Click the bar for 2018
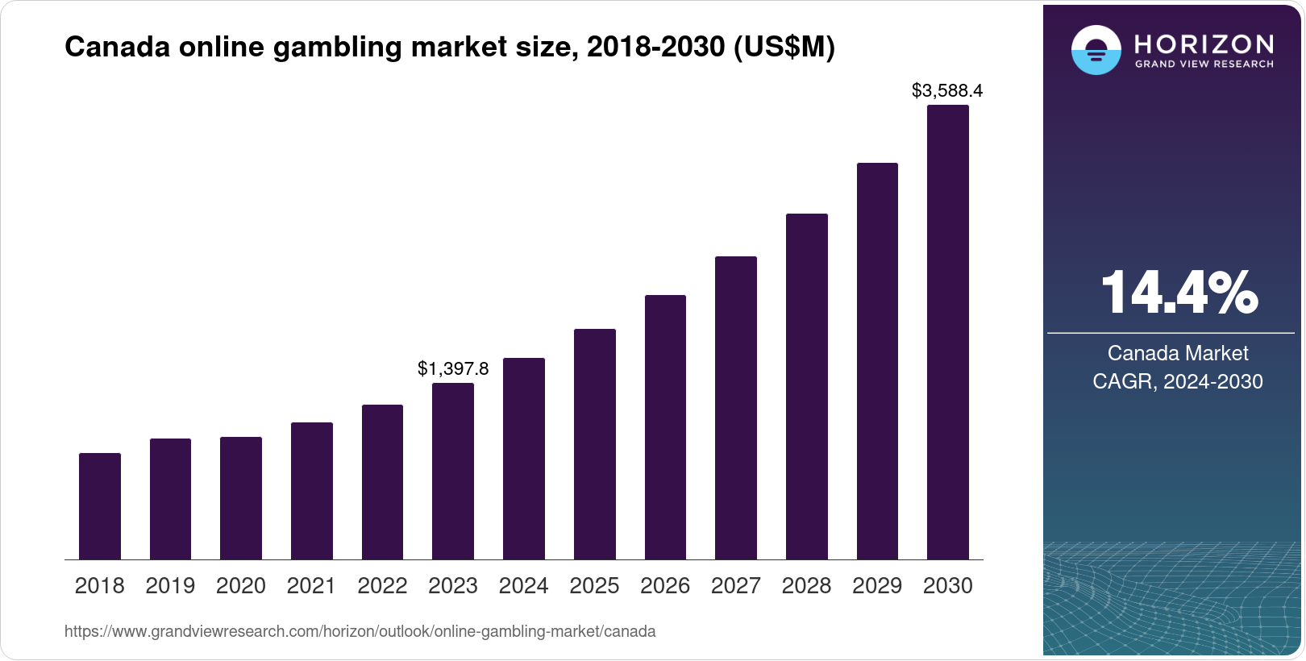[x=100, y=506]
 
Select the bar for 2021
[x=312, y=491]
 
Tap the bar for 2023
[x=453, y=472]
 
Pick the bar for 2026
[x=665, y=427]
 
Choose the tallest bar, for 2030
[x=948, y=332]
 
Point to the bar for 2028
[x=807, y=387]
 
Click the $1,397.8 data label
[x=453, y=369]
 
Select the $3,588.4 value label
[x=947, y=91]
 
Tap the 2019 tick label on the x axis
[x=170, y=586]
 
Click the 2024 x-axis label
[x=524, y=586]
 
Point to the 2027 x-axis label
[x=736, y=586]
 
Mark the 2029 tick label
[x=877, y=586]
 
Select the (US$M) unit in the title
[x=784, y=48]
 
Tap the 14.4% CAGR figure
[x=1179, y=293]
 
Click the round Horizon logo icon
[x=1096, y=50]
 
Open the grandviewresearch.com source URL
[x=360, y=632]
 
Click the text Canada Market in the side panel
[x=1178, y=353]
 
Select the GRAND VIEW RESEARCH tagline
[x=1204, y=64]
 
